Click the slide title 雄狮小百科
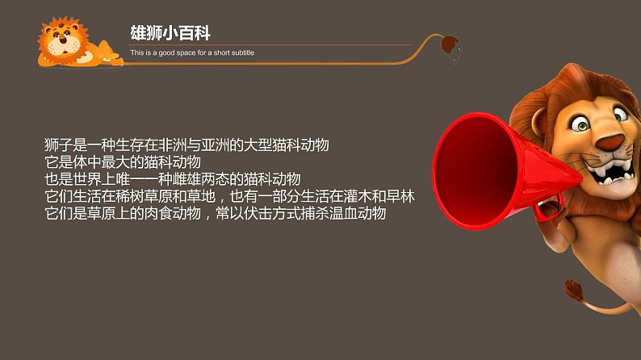(x=170, y=33)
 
